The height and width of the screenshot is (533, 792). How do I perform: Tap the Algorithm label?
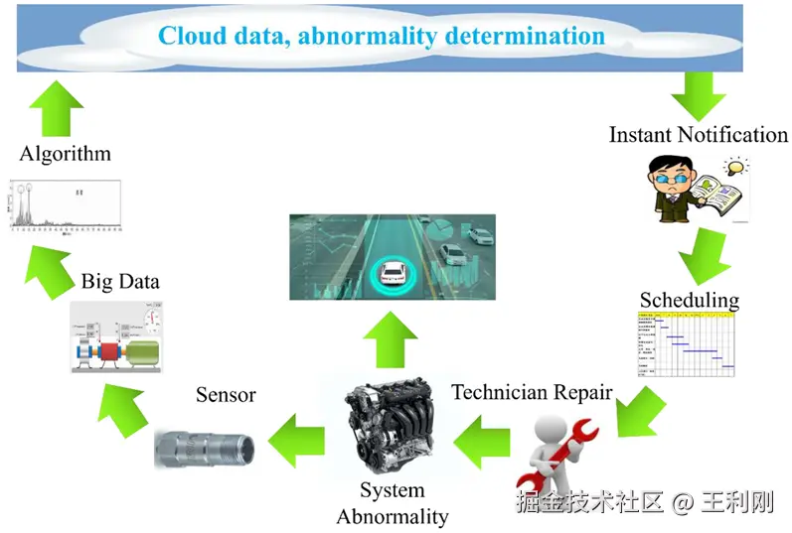tap(66, 153)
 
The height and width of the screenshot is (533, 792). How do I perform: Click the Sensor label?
tap(226, 394)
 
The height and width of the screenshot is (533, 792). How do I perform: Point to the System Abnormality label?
tap(392, 503)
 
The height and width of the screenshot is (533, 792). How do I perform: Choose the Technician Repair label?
tap(532, 391)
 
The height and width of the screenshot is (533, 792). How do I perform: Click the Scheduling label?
tap(689, 299)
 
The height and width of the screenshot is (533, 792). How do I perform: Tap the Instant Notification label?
tap(698, 134)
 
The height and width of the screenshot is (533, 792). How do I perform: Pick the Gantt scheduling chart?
tap(687, 343)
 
